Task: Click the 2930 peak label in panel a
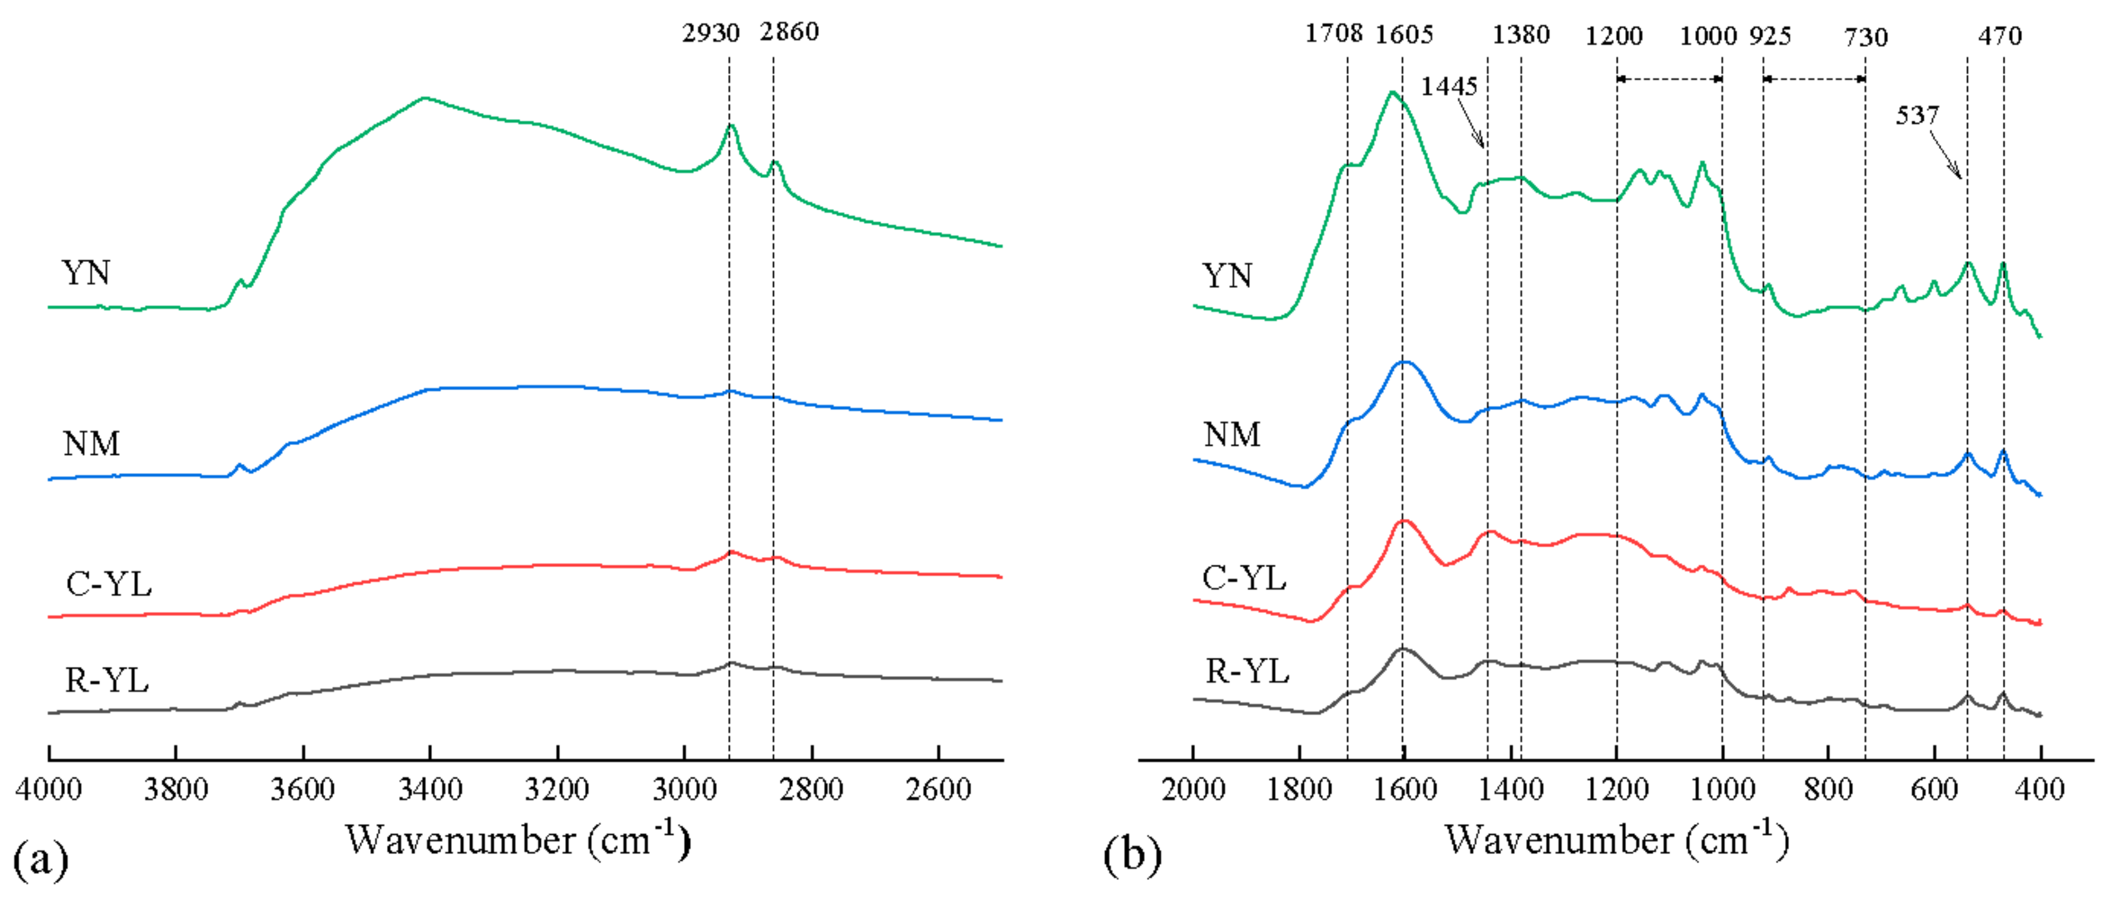(x=710, y=33)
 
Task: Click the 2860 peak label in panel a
(x=789, y=32)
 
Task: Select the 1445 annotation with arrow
(x=1449, y=86)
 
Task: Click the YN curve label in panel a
(x=85, y=273)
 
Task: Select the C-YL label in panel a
(x=108, y=584)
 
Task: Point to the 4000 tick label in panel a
(x=48, y=790)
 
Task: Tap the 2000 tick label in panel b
(x=1193, y=790)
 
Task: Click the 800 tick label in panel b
(x=1828, y=790)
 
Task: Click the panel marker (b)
(x=1132, y=855)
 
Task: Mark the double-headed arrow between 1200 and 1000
(x=1669, y=79)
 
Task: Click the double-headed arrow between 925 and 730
(x=1813, y=79)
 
